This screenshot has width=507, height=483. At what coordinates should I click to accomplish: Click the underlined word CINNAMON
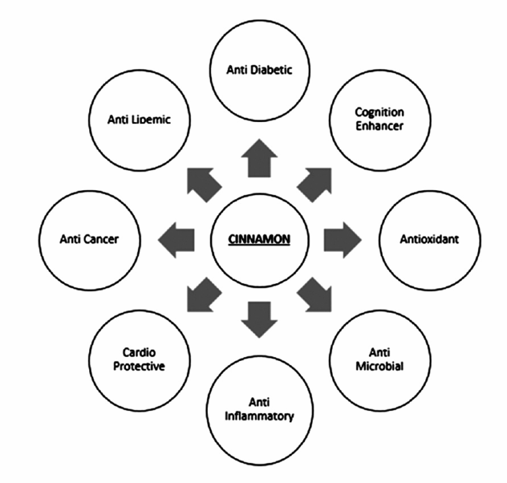click(x=259, y=240)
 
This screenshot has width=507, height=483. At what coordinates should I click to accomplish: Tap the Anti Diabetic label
click(x=259, y=70)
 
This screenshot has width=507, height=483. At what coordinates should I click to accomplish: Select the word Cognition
click(x=380, y=113)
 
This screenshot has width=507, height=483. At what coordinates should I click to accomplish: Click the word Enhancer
click(x=380, y=126)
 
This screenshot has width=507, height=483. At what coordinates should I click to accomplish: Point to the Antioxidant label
click(x=429, y=240)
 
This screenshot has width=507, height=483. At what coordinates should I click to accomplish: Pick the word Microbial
click(x=380, y=366)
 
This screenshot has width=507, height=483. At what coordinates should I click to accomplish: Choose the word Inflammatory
click(x=259, y=416)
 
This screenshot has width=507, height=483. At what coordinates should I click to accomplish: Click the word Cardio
click(x=139, y=352)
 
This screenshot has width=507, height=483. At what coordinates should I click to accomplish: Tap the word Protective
click(x=139, y=366)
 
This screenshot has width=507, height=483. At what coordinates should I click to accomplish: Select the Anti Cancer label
click(x=89, y=240)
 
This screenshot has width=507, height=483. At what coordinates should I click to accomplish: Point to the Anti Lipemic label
click(x=139, y=119)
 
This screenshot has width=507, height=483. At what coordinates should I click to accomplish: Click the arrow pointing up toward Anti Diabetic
click(x=259, y=158)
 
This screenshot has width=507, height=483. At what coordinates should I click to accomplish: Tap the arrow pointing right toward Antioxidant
click(x=343, y=240)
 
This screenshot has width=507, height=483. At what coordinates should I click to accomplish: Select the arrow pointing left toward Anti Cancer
click(x=176, y=240)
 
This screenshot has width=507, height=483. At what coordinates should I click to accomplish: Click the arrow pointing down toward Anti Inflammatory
click(x=259, y=320)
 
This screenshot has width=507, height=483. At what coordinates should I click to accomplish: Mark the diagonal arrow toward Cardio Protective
click(x=204, y=294)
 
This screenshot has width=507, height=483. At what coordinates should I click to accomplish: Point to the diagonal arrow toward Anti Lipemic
click(x=204, y=185)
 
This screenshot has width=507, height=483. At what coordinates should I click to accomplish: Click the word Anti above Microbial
click(x=380, y=352)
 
